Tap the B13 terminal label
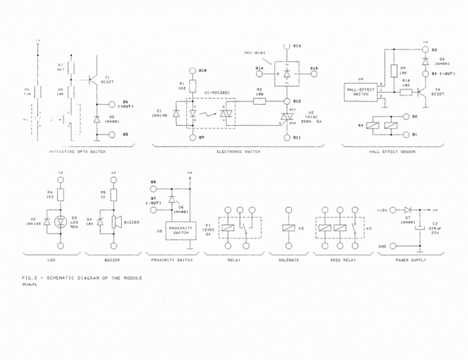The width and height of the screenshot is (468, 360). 297,46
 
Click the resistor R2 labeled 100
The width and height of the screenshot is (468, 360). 260,101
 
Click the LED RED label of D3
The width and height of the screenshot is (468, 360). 75,222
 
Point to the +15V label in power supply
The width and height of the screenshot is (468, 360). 384,210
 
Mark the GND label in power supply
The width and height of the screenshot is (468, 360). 383,246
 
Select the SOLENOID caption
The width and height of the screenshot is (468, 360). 289,260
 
